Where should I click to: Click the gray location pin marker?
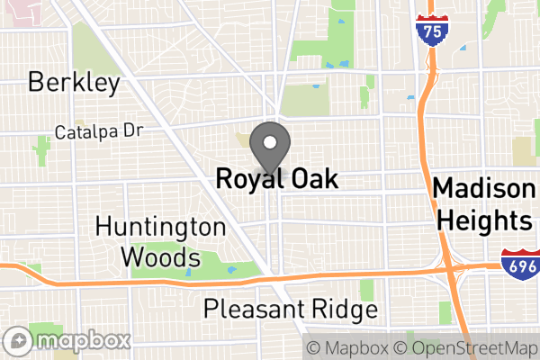coord(269,146)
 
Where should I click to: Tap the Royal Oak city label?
coord(277,179)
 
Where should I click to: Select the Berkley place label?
coord(74,84)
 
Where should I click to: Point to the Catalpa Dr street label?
coord(99,131)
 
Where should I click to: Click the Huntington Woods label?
coord(160,240)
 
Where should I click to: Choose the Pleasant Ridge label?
coord(290,310)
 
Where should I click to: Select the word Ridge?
coord(347,310)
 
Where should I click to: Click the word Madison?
coord(482,189)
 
